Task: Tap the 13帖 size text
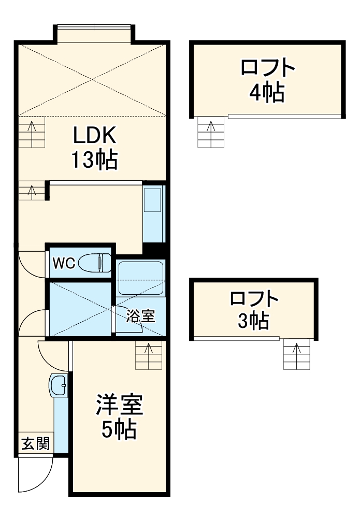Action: (x=94, y=160)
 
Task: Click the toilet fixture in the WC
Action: (x=96, y=263)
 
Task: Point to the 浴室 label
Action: (x=141, y=316)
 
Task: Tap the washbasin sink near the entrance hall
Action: (x=59, y=385)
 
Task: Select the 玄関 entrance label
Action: (x=35, y=443)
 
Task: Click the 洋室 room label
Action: (x=119, y=405)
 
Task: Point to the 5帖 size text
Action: (x=119, y=429)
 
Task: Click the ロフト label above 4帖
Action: (x=268, y=68)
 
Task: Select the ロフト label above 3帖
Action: (x=254, y=299)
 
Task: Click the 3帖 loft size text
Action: (x=253, y=322)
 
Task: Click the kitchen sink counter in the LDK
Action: (x=153, y=212)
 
